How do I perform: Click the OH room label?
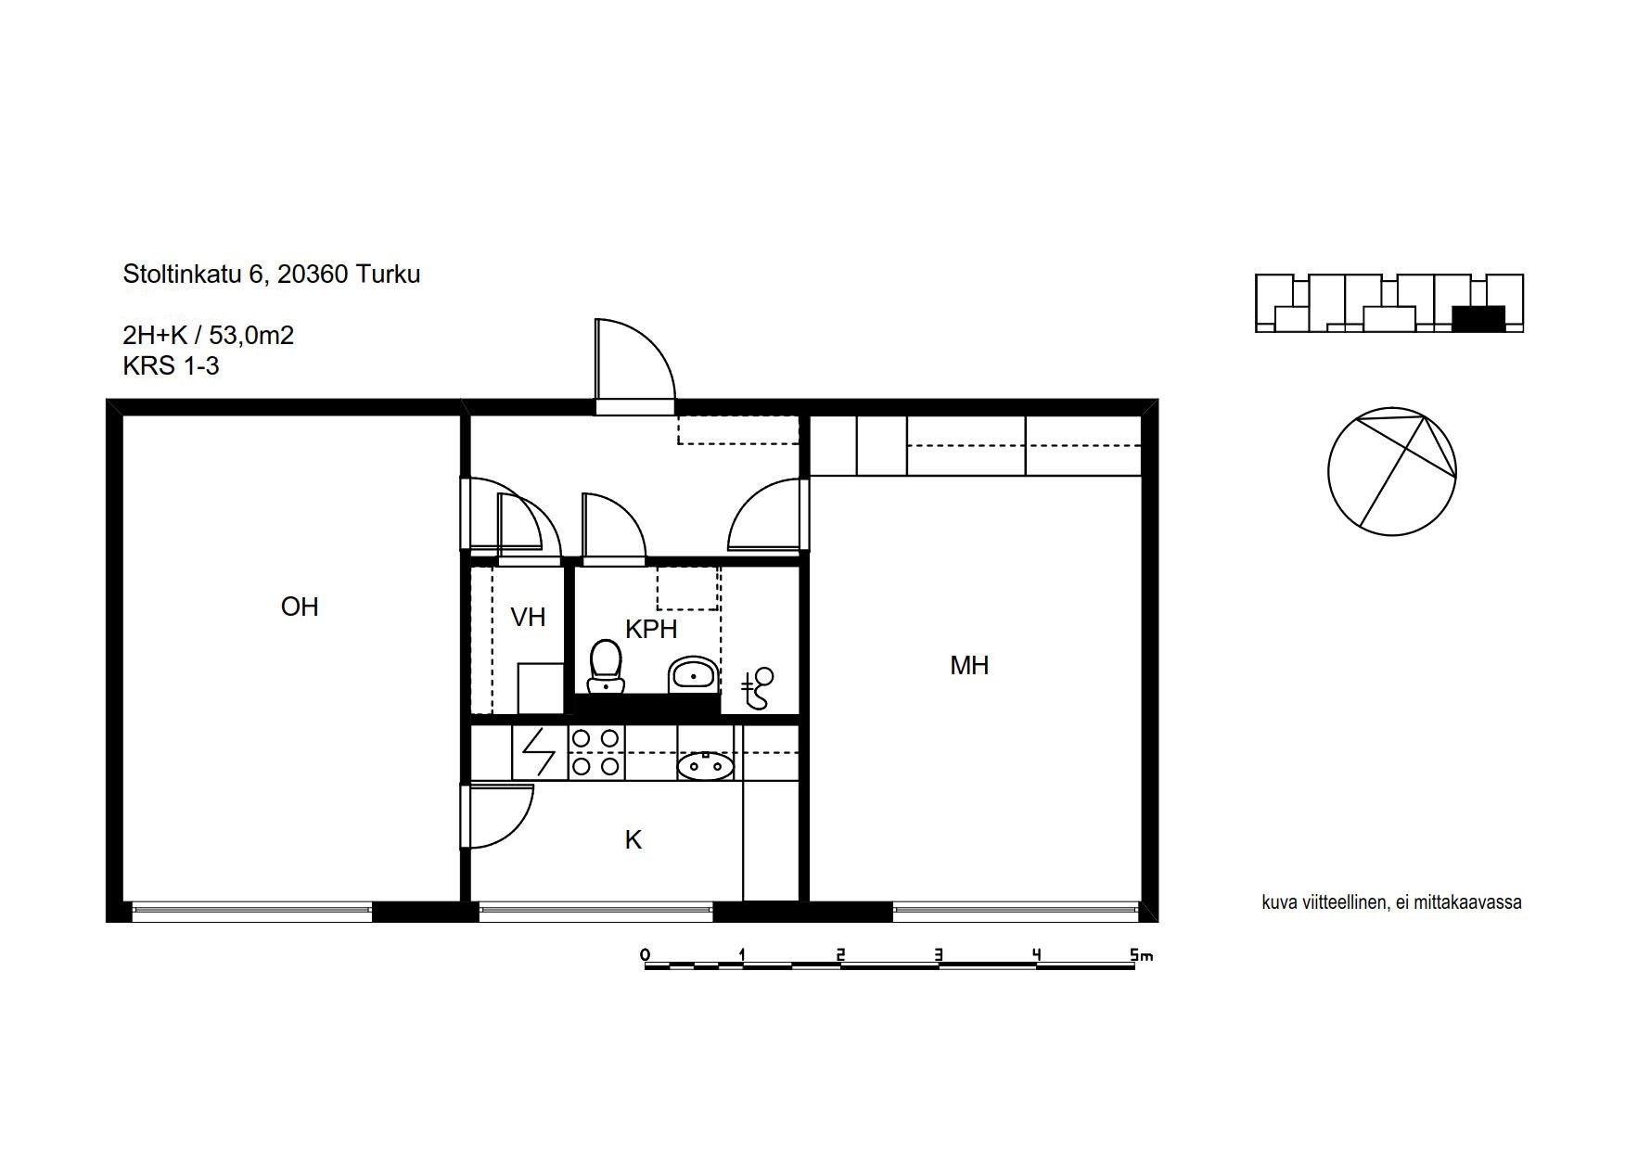click(300, 607)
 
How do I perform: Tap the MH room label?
click(969, 665)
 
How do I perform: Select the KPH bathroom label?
click(651, 629)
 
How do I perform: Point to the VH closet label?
click(528, 617)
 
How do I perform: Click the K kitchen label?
click(633, 839)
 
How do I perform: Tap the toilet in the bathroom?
click(607, 667)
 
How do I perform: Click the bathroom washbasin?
click(693, 674)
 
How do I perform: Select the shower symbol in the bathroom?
click(758, 688)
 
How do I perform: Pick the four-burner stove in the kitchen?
click(595, 752)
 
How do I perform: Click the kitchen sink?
click(706, 766)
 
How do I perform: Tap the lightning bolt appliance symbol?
click(539, 752)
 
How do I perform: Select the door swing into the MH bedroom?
click(763, 515)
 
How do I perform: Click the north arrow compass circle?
click(1391, 471)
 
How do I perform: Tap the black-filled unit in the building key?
click(1478, 318)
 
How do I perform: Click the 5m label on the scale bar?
click(1142, 954)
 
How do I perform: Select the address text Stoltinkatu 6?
click(195, 275)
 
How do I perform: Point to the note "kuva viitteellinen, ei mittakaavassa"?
click(1391, 902)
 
